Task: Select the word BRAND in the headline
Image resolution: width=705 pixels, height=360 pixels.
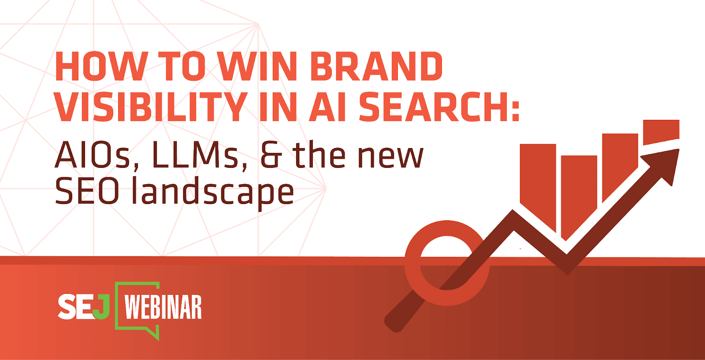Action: coord(377,67)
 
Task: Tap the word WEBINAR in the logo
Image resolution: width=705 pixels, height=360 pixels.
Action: coord(163,307)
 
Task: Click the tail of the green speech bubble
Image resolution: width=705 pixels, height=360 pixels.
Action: coord(154,334)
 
